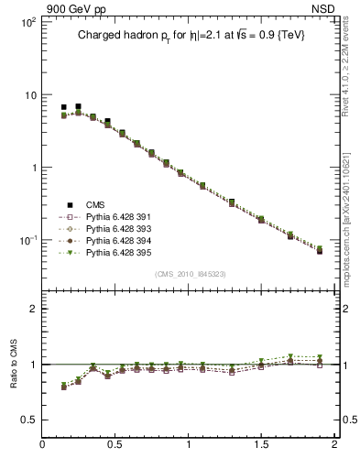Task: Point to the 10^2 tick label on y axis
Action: (27, 22)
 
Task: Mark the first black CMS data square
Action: (63, 108)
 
